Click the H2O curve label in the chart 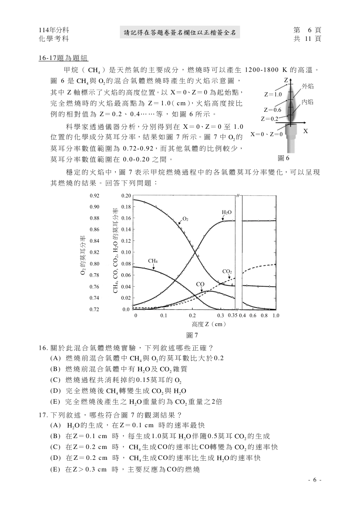click(227, 212)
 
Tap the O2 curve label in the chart click(185, 218)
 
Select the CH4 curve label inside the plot click(153, 261)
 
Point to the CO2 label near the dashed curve click(227, 271)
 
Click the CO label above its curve click(200, 284)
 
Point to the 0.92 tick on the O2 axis click(94, 196)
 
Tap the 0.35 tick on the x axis click(232, 315)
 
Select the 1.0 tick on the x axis click(276, 315)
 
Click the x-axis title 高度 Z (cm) click(208, 324)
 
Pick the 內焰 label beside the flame click(307, 102)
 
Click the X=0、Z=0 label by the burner click(267, 134)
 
